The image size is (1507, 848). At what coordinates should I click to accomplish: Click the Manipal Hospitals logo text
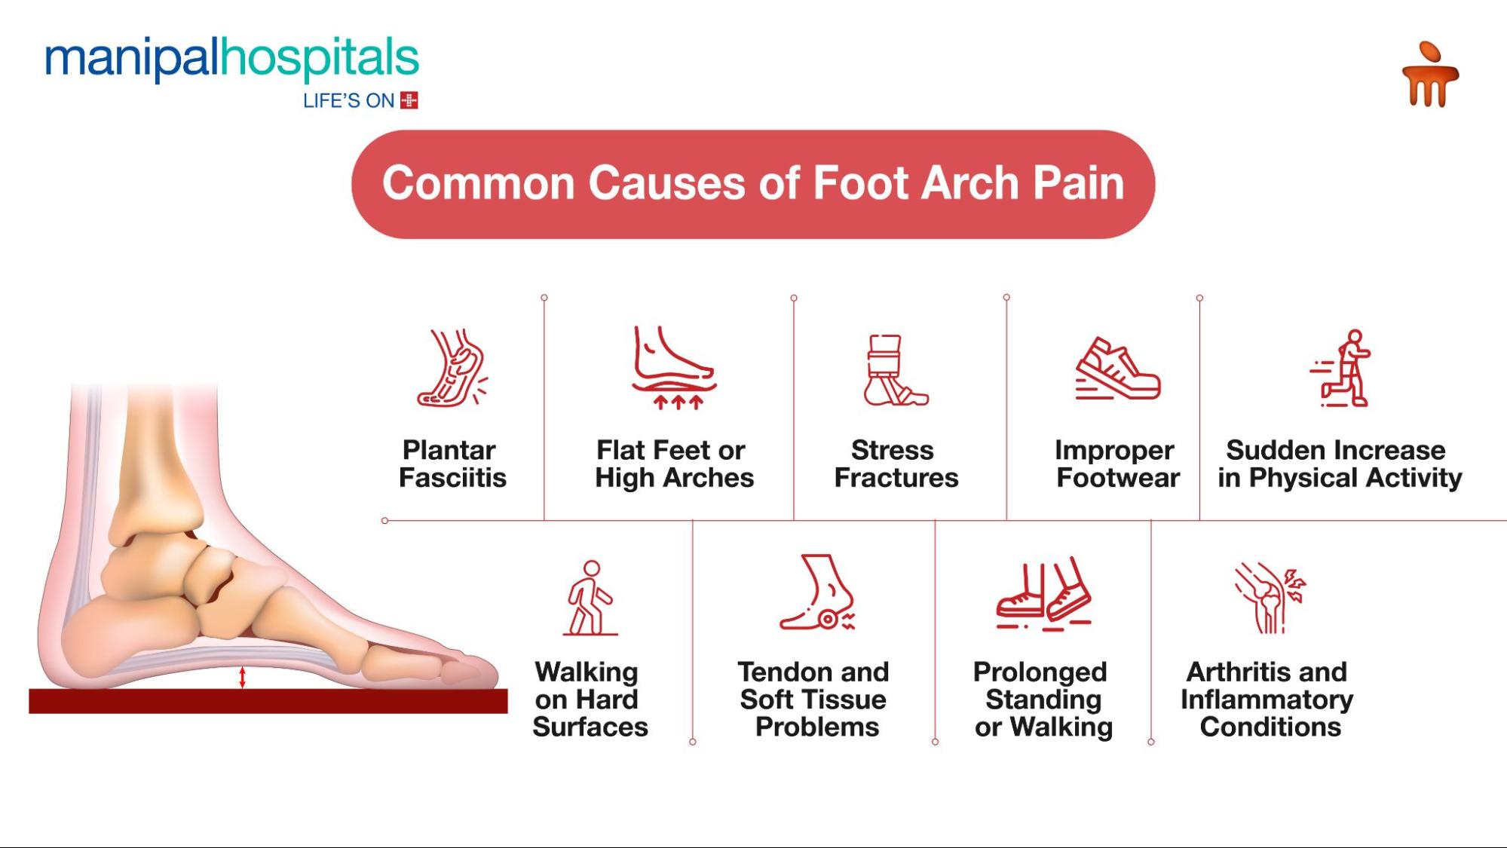click(231, 59)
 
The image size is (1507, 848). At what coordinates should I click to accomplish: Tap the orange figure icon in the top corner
click(1429, 75)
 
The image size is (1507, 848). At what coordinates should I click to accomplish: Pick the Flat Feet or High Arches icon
click(673, 368)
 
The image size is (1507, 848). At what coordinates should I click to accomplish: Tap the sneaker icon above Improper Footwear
click(1117, 369)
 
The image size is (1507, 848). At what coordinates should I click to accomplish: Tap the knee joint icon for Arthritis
click(1269, 597)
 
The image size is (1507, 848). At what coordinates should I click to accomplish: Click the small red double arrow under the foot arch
click(242, 677)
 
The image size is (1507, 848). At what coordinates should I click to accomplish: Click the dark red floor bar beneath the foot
click(268, 701)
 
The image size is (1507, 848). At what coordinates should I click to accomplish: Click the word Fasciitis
click(452, 478)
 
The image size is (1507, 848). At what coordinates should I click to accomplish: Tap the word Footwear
click(1118, 478)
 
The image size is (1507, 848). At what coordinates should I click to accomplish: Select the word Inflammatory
click(1267, 700)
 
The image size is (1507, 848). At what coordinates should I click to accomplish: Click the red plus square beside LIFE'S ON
click(409, 100)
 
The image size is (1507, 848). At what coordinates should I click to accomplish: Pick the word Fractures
click(896, 478)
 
